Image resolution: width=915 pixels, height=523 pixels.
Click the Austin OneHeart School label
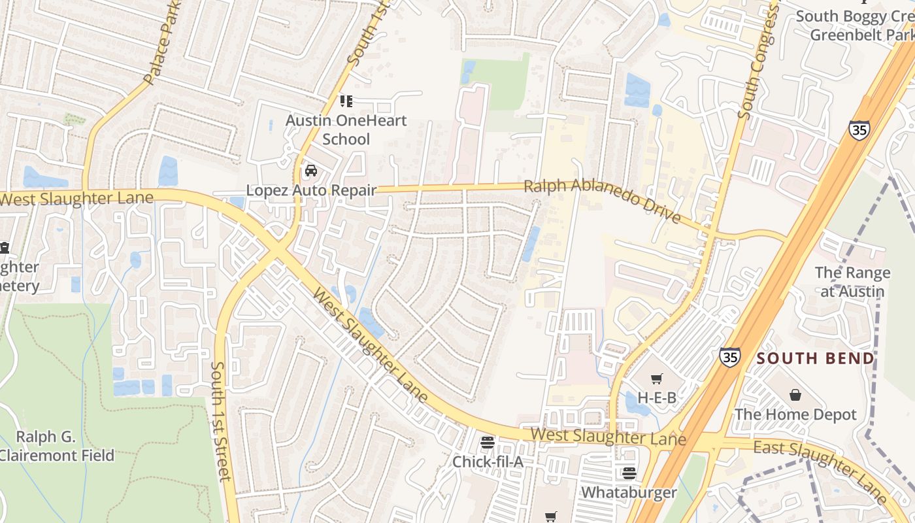[x=346, y=129]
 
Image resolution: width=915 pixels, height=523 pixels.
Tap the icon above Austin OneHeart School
[x=346, y=101]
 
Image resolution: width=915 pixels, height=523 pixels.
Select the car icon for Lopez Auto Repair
[x=311, y=171]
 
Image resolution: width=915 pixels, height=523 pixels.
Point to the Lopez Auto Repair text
[x=311, y=190]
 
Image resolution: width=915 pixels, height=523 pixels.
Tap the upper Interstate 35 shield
[x=859, y=129]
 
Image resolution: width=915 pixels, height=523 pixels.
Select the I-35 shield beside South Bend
[x=730, y=356]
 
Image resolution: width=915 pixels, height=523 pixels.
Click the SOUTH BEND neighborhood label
[x=815, y=358]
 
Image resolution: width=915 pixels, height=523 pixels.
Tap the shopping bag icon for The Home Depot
[x=795, y=395]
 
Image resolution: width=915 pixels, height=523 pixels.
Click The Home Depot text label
[x=795, y=414]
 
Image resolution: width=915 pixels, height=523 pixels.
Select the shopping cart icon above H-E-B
[x=657, y=379]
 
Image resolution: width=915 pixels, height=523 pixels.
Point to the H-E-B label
[x=657, y=397]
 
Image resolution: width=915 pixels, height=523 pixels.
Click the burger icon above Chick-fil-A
[x=488, y=443]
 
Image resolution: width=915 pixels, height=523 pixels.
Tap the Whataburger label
[x=629, y=492]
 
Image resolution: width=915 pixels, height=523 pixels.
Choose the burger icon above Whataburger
[x=629, y=473]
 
